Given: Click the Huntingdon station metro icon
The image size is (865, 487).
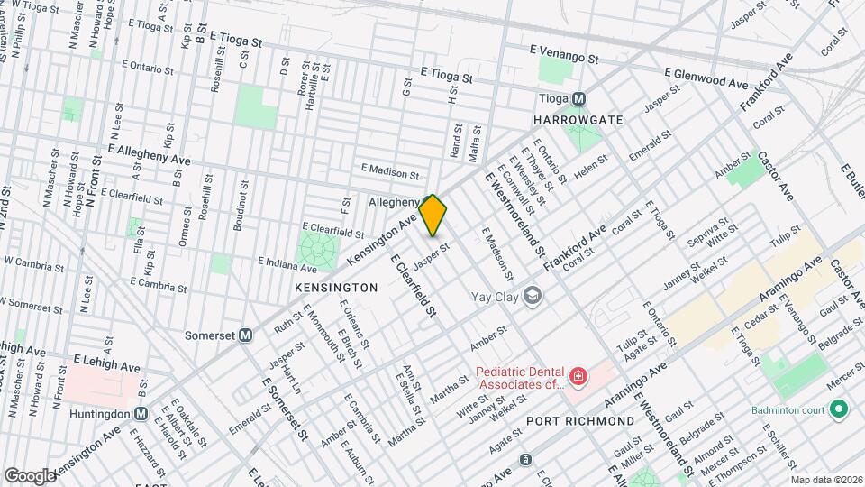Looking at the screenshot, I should coord(141,413).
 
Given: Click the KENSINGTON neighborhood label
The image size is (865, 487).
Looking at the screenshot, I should coord(336,287).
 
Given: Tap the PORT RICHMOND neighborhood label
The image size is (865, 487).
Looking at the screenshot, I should coord(592,421).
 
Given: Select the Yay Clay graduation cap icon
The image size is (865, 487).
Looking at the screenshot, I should coord(533,296).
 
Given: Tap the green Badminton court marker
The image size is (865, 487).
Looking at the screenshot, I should coord(840,411).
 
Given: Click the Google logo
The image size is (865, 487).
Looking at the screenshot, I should coord(29,475).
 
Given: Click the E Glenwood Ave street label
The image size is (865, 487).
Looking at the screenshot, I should coord(706,77).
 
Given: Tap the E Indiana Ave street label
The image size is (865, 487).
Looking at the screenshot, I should coord(287,264).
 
